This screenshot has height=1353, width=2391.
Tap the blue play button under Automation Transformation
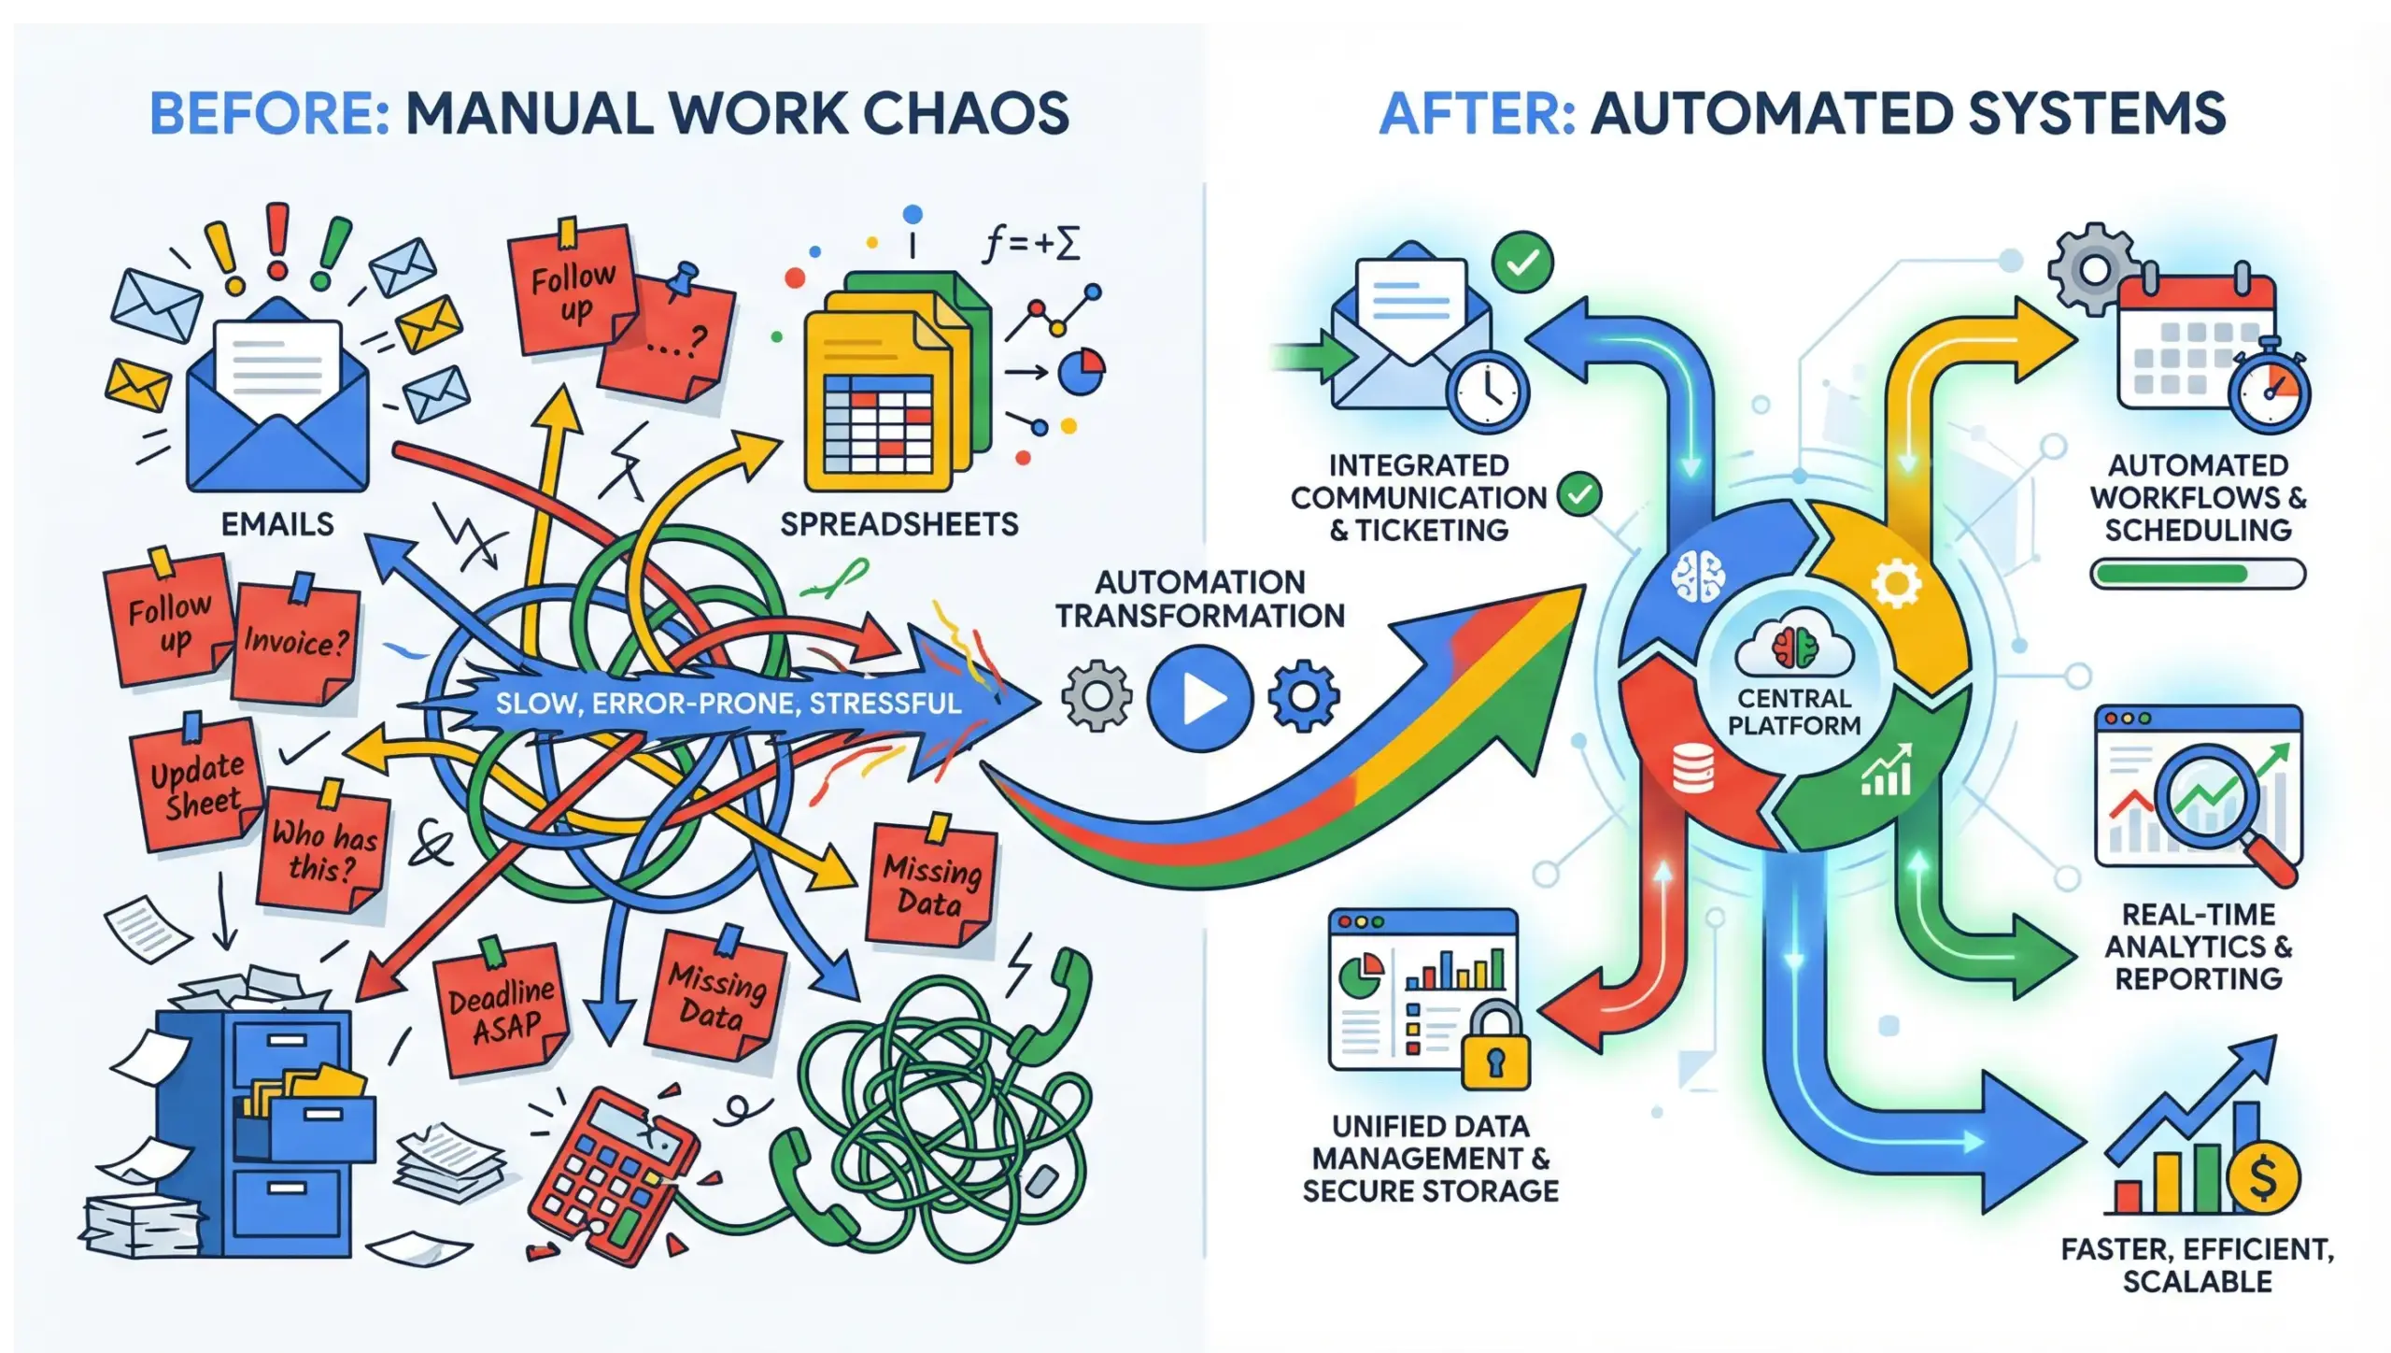[1200, 698]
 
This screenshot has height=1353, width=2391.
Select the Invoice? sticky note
[295, 643]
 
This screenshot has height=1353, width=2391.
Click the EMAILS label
[277, 524]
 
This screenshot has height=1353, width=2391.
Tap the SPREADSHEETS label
[899, 524]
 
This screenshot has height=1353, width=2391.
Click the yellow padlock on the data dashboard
[1495, 1051]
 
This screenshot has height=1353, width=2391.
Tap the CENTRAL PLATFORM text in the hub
[1794, 712]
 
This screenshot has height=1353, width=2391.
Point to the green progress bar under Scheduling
[2197, 574]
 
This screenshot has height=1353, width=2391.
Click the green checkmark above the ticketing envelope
[1522, 263]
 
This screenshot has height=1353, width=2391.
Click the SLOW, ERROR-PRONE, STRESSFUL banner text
[728, 703]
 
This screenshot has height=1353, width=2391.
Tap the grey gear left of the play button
[1096, 696]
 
